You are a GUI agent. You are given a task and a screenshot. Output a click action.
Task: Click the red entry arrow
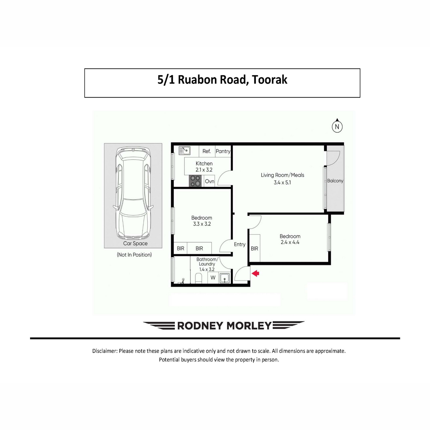[255, 273]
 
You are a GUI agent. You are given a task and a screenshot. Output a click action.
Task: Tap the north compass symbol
[337, 126]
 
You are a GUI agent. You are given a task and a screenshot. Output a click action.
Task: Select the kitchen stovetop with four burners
[195, 181]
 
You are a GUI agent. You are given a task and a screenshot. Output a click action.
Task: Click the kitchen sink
[184, 150]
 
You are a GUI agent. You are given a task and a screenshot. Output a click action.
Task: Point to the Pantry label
[223, 151]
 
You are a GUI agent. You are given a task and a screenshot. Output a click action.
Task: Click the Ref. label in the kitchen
[207, 151]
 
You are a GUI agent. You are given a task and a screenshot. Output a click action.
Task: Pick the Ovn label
[210, 181]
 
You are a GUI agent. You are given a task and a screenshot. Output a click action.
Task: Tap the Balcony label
[335, 181]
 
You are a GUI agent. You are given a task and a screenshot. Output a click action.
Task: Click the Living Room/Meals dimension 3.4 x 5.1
[282, 182]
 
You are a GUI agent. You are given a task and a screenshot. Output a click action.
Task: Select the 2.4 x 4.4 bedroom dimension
[290, 242]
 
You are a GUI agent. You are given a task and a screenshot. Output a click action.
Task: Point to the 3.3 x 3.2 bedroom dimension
[202, 224]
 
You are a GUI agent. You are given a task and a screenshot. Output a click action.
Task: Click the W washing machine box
[213, 278]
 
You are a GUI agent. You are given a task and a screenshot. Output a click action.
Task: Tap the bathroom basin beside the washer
[224, 278]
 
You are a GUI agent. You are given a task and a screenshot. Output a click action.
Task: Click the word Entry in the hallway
[240, 245]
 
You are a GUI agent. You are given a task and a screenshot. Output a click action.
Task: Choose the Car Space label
[135, 243]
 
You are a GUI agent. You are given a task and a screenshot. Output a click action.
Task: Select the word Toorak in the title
[269, 80]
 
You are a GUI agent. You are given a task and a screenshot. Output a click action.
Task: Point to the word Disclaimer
[105, 351]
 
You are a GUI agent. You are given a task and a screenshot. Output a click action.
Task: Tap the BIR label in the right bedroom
[254, 249]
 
